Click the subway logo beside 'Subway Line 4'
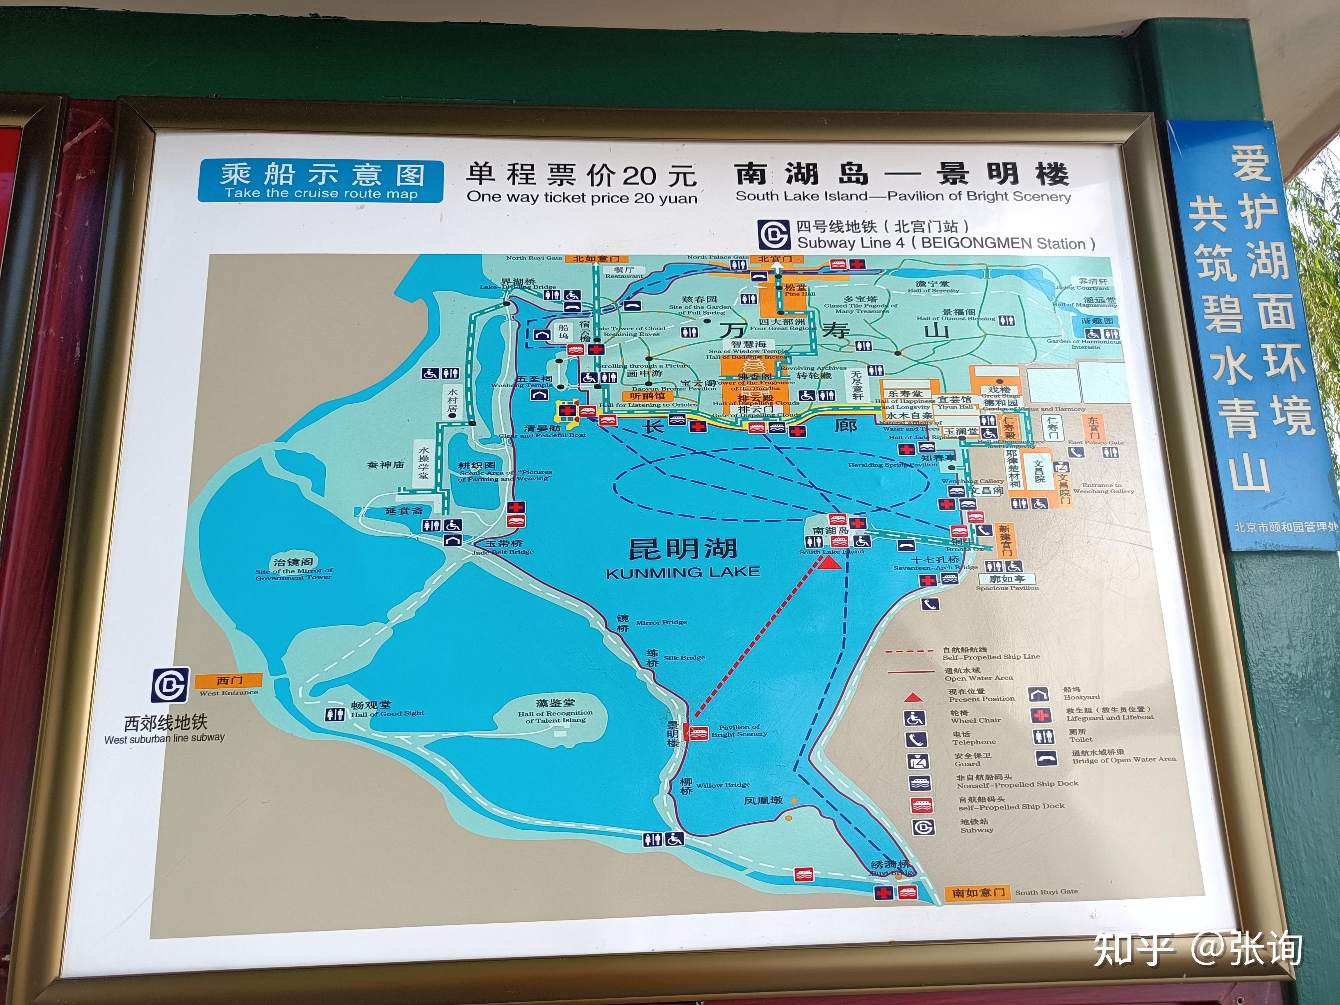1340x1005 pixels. tap(774, 234)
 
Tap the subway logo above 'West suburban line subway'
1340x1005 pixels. tap(170, 685)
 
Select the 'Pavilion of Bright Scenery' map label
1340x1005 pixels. tap(739, 730)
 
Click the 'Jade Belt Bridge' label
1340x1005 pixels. tap(503, 552)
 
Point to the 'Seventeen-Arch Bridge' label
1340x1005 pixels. tap(935, 568)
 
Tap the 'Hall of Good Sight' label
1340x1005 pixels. tap(388, 713)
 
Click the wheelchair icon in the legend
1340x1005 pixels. tap(915, 719)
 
